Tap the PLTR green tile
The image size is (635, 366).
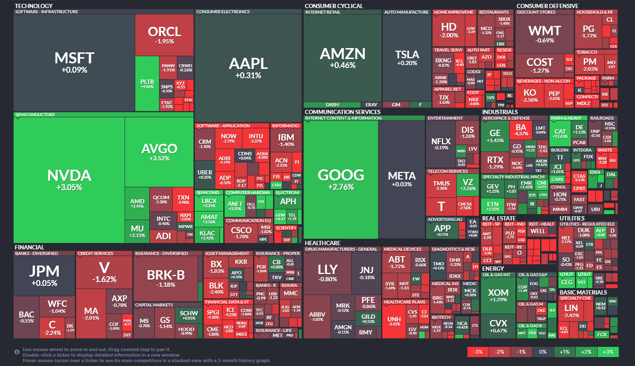pyautogui.click(x=147, y=83)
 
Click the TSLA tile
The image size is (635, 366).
pyautogui.click(x=407, y=57)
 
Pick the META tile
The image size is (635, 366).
pyautogui.click(x=402, y=178)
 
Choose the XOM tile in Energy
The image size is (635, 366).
pyautogui.click(x=498, y=295)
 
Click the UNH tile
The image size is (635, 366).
pyautogui.click(x=394, y=321)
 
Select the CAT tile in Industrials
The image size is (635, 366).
pyautogui.click(x=560, y=133)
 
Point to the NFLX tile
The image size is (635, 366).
pyautogui.click(x=441, y=143)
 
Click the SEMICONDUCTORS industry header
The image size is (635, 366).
pyautogui.click(x=35, y=115)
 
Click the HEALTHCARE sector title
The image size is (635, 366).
pyautogui.click(x=322, y=243)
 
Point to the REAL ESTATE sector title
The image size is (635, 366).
pyautogui.click(x=498, y=218)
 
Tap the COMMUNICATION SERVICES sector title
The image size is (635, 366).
pyautogui.click(x=342, y=112)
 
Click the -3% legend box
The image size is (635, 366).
pyautogui.click(x=478, y=352)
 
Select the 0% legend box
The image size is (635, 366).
pyautogui.click(x=543, y=352)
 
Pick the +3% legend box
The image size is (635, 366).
pyautogui.click(x=608, y=352)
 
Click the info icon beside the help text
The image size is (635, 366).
pyautogui.click(x=17, y=352)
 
